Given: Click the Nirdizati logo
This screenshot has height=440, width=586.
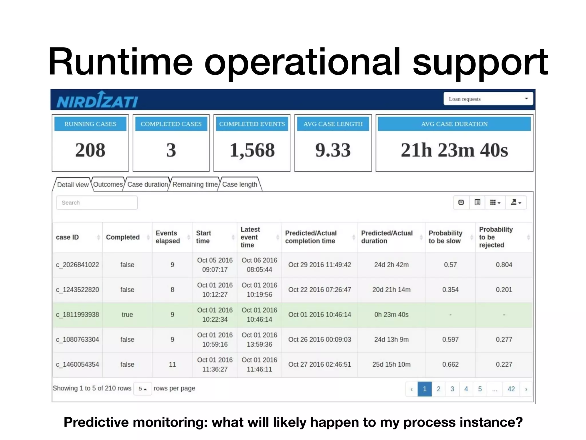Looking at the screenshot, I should pyautogui.click(x=97, y=100).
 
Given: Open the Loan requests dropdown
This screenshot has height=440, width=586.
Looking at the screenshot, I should pyautogui.click(x=488, y=99).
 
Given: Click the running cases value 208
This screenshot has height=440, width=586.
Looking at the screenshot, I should pyautogui.click(x=90, y=150).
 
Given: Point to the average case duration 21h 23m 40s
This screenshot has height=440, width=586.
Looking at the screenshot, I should pyautogui.click(x=454, y=150).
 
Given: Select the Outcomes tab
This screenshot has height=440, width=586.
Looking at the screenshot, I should pyautogui.click(x=108, y=184).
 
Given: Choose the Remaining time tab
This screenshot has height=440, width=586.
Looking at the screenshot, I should pyautogui.click(x=195, y=184).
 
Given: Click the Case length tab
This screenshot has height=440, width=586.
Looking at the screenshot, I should pyautogui.click(x=239, y=184).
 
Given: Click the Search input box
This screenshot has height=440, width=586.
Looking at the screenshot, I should pyautogui.click(x=97, y=203).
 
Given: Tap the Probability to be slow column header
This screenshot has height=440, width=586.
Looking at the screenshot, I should pyautogui.click(x=445, y=237).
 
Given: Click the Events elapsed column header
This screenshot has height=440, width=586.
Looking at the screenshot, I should pyautogui.click(x=168, y=237).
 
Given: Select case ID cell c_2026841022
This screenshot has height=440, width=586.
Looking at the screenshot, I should pyautogui.click(x=77, y=265).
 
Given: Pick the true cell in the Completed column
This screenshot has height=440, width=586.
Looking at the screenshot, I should pyautogui.click(x=127, y=315).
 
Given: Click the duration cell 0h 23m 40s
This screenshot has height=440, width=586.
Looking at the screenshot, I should pyautogui.click(x=391, y=315).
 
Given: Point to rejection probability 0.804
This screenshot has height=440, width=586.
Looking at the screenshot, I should pyautogui.click(x=504, y=265).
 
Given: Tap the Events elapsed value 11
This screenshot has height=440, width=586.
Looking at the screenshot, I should pyautogui.click(x=172, y=365).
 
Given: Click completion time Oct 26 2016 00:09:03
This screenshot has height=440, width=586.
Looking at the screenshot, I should pyautogui.click(x=319, y=340).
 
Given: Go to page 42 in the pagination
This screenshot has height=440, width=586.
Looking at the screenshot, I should pyautogui.click(x=511, y=389).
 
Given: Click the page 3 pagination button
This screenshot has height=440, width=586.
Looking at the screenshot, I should pyautogui.click(x=452, y=389).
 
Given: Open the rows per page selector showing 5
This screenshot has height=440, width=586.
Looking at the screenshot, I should pyautogui.click(x=142, y=389).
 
